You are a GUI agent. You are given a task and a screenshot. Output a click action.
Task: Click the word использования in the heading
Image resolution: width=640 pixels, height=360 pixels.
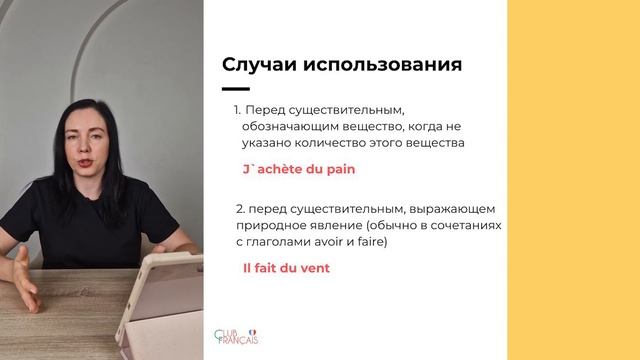tap(384, 65)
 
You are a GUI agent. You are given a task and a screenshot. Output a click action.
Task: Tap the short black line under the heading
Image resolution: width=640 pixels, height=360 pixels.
tap(235, 89)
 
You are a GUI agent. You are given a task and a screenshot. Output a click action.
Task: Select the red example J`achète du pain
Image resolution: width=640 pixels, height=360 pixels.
tap(299, 169)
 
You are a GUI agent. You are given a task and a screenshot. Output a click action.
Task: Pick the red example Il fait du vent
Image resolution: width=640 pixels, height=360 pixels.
tap(286, 268)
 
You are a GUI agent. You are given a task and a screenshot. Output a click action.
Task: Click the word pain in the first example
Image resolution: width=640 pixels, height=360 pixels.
tap(340, 169)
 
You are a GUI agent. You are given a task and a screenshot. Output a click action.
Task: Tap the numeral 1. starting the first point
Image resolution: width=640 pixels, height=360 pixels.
tap(238, 109)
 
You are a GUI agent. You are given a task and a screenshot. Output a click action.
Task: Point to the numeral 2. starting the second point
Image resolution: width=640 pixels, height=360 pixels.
tap(240, 208)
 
